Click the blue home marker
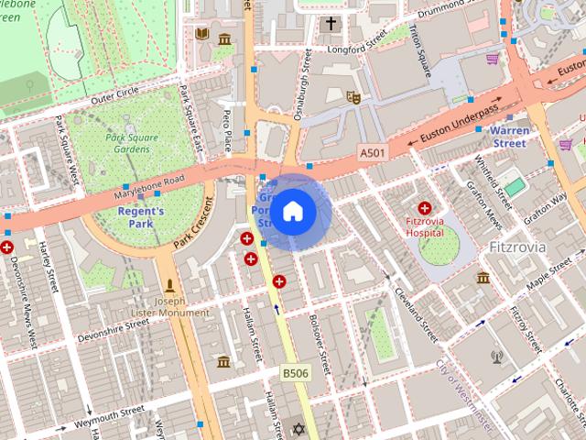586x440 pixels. [x=292, y=212]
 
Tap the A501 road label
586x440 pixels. [x=371, y=152]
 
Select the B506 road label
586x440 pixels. [x=293, y=373]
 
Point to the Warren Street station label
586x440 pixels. [x=503, y=137]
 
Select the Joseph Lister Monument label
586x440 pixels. [x=171, y=307]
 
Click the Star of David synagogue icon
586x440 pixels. [x=296, y=429]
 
